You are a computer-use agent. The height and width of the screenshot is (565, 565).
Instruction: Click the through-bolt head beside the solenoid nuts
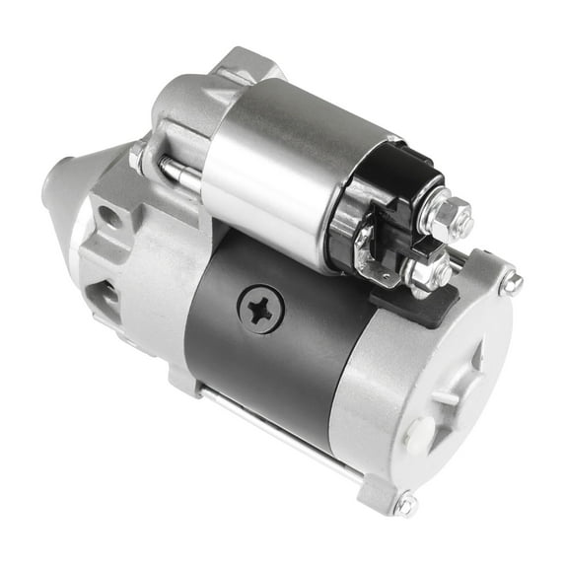click(512, 284)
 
